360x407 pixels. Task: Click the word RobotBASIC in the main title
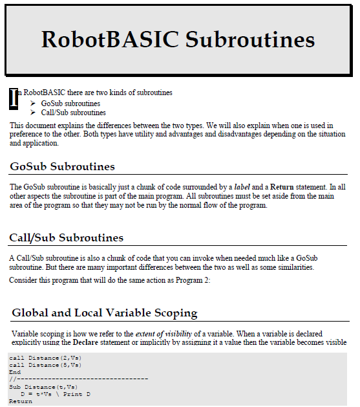pos(111,39)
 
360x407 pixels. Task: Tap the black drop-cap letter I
pos(14,98)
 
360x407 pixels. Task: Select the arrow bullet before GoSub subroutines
pos(33,104)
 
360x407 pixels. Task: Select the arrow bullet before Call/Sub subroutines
pos(33,113)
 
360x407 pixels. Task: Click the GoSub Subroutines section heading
pos(62,167)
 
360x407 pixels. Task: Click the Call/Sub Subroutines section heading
pos(66,238)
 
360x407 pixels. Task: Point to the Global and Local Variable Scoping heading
pos(104,313)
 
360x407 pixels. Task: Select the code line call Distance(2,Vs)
pos(45,358)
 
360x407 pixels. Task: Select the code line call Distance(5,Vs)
pos(45,365)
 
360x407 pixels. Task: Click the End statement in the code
pos(15,372)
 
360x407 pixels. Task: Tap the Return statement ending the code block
pos(21,401)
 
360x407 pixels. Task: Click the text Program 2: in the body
pos(193,280)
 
